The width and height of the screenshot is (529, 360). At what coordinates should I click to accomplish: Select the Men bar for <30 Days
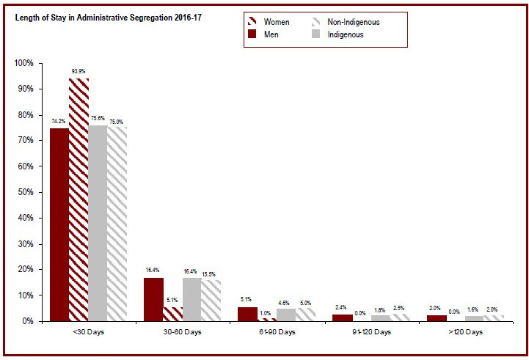(59, 224)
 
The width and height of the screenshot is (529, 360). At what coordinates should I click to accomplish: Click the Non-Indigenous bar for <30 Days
(117, 224)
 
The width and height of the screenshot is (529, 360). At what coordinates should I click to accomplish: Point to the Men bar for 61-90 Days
(248, 314)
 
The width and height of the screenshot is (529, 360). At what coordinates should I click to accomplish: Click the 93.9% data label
(79, 71)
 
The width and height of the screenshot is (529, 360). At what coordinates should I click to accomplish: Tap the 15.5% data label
(211, 273)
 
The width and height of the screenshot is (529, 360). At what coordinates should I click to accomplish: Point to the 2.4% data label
(341, 307)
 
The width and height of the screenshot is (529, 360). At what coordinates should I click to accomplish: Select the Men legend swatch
(251, 34)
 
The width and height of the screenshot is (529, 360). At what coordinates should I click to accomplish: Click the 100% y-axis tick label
(23, 63)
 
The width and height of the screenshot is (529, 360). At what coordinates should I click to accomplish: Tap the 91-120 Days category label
(370, 332)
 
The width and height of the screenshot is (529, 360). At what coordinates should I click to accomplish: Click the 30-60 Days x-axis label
(181, 332)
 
